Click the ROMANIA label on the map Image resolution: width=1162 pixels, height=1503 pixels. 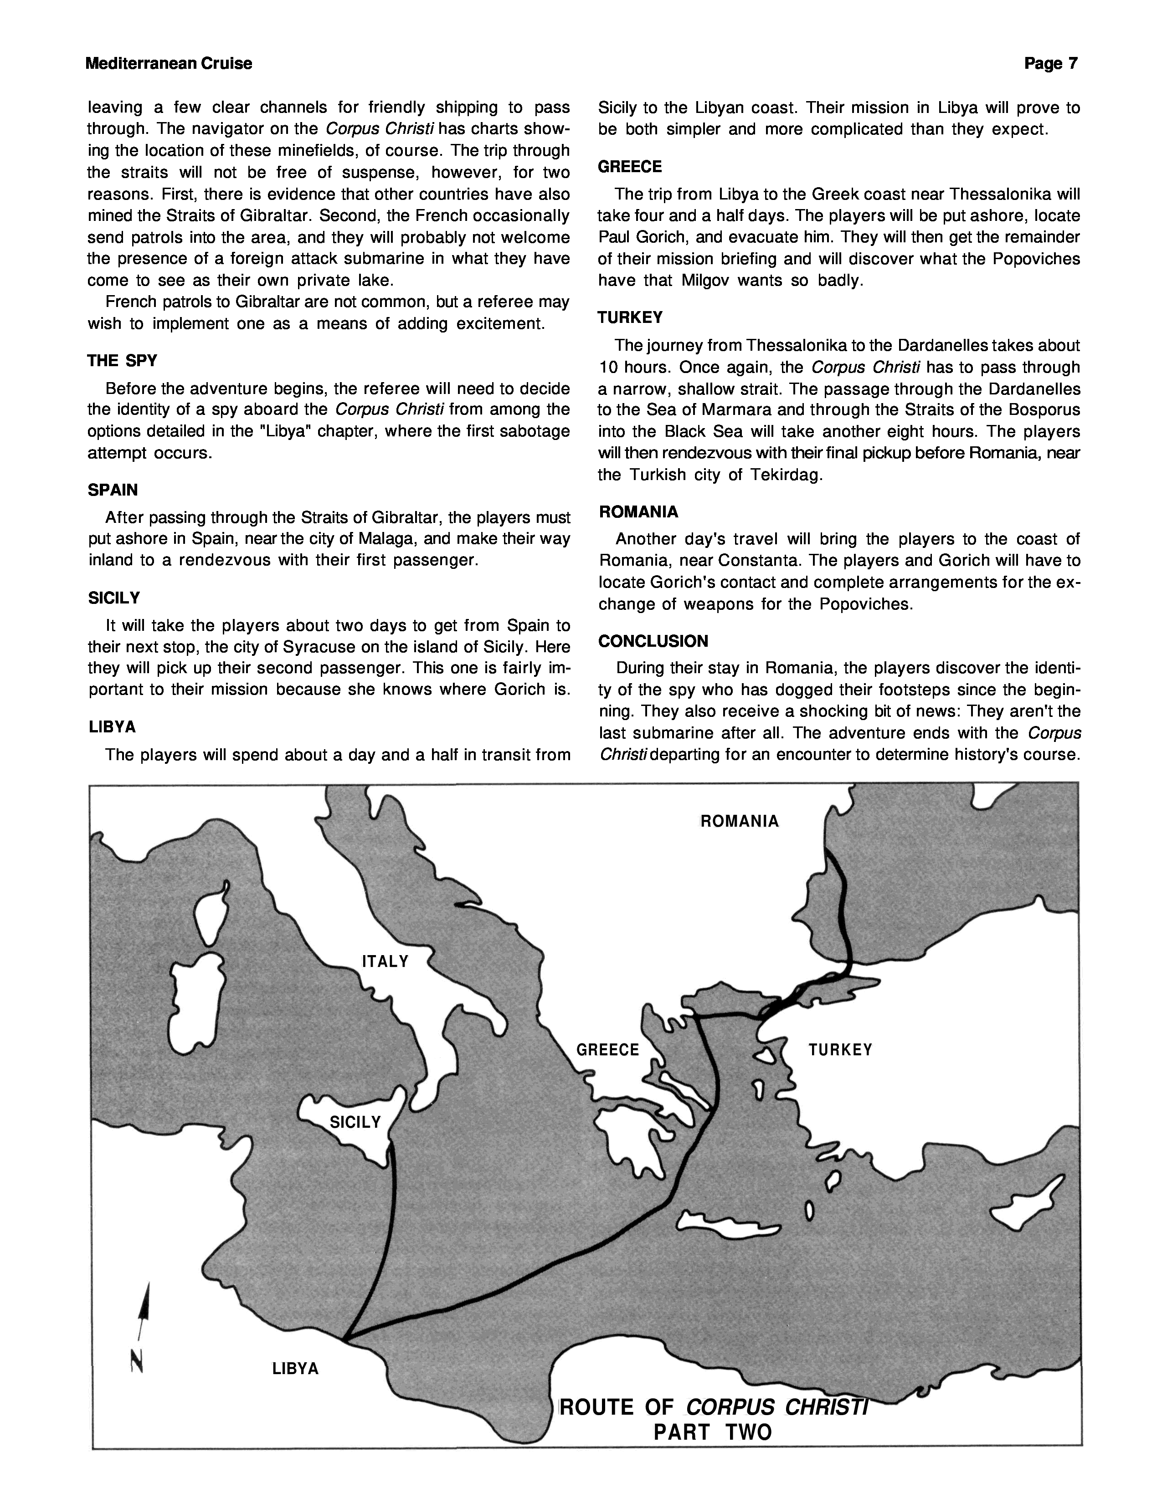pos(739,821)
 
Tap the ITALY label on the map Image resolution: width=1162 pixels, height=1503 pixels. pos(386,961)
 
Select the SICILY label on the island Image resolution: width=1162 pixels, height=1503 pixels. pos(355,1122)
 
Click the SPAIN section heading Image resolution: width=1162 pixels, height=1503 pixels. pos(113,490)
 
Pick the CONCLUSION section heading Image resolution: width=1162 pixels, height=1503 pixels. pos(653,641)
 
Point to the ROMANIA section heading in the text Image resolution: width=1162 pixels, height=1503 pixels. pos(638,512)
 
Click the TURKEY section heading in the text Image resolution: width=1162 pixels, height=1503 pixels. pos(630,317)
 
